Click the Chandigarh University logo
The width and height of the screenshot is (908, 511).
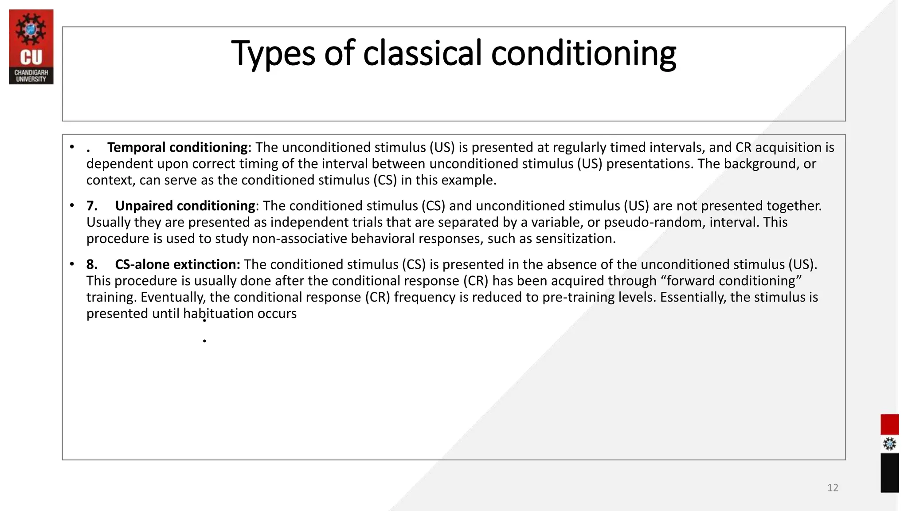(31, 47)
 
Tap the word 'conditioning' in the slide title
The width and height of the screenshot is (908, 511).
(583, 53)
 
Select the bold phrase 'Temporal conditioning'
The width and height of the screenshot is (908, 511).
(177, 147)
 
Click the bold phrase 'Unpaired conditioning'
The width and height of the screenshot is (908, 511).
(185, 206)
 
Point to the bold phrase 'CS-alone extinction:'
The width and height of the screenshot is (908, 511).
(177, 264)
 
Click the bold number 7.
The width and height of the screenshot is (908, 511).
(91, 206)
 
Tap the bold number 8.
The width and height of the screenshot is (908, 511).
(91, 264)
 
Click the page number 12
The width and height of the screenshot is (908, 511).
(833, 488)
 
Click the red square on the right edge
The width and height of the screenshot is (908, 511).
(889, 425)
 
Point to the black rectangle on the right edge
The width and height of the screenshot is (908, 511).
(889, 472)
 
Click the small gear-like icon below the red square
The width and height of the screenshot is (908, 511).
(889, 444)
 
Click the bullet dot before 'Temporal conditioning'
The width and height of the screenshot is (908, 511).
(72, 147)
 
